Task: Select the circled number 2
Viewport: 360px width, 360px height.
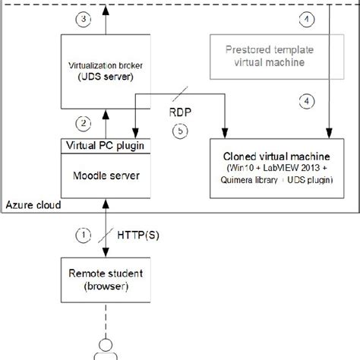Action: click(84, 122)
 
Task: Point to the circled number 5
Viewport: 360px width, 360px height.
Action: click(179, 131)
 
